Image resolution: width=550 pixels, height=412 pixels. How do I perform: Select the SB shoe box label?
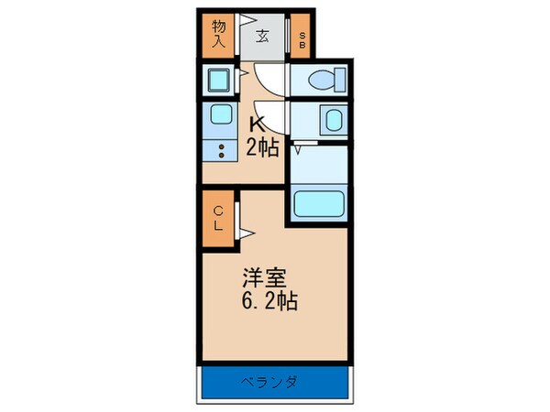click(303, 37)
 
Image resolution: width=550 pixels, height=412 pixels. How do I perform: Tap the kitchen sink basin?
click(220, 115)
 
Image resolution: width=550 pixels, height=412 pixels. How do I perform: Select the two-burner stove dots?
click(220, 152)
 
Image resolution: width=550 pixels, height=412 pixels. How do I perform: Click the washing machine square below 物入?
click(220, 81)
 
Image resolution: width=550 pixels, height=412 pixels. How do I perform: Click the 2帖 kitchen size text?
click(260, 146)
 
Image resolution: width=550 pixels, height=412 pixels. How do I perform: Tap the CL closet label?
click(219, 219)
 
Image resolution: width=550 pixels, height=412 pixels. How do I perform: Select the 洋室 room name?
click(261, 276)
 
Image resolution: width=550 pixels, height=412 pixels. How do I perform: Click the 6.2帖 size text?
click(268, 299)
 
